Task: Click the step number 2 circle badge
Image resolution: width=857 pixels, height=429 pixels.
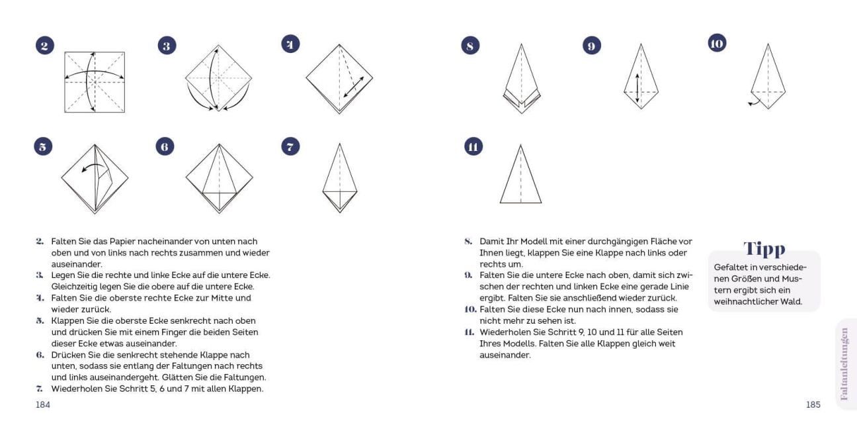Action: pos(45,46)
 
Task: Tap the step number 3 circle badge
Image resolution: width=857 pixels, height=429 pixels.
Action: pos(167,46)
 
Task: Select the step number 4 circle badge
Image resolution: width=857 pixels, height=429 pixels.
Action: pos(290,44)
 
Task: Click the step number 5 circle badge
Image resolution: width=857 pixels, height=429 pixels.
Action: pos(43,147)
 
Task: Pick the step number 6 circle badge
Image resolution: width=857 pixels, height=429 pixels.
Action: pos(165,147)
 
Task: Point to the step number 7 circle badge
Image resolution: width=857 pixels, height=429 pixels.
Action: pos(290,146)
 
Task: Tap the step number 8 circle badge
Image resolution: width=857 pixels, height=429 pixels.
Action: pos(470,46)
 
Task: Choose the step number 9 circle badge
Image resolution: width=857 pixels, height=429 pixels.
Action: pos(592,46)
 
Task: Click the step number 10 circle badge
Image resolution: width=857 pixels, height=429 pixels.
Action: pos(717,44)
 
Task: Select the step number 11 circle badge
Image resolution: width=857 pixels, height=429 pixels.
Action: pos(473,147)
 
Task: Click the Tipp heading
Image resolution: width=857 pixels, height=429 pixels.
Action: pos(764,249)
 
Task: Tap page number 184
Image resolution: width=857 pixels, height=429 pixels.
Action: pos(43,405)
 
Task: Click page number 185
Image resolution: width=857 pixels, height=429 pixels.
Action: pos(813,405)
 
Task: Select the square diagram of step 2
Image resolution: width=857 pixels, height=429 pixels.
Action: pos(95,81)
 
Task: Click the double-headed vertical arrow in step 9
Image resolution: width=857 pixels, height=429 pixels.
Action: pos(637,87)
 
